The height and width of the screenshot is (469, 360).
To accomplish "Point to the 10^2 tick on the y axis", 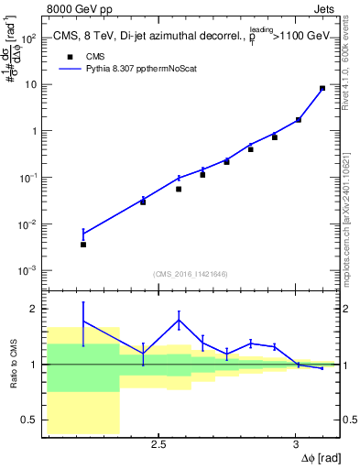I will (x=28, y=38).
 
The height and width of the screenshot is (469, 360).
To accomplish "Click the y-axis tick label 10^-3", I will (x=27, y=271).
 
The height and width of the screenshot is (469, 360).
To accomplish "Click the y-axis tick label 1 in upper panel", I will (x=33, y=131).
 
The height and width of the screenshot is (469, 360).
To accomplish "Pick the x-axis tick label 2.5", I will (x=158, y=445).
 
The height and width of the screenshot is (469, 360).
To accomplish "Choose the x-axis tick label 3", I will (x=295, y=445).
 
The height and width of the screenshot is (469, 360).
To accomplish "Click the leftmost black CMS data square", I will (x=83, y=245).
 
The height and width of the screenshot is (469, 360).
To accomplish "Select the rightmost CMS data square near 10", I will (x=322, y=89).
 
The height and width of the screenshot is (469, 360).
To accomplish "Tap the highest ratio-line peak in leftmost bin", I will (x=83, y=322).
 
